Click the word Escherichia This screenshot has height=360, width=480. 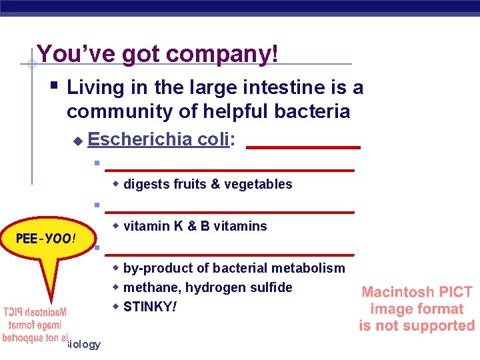tap(141, 139)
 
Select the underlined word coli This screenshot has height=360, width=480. tap(213, 139)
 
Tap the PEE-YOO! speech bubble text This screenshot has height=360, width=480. tap(46, 238)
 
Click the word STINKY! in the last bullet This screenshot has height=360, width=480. tap(151, 307)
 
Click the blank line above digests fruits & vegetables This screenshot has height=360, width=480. tap(229, 171)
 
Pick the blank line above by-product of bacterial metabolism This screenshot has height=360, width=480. tap(229, 255)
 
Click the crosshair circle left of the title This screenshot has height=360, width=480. tap(31, 64)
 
